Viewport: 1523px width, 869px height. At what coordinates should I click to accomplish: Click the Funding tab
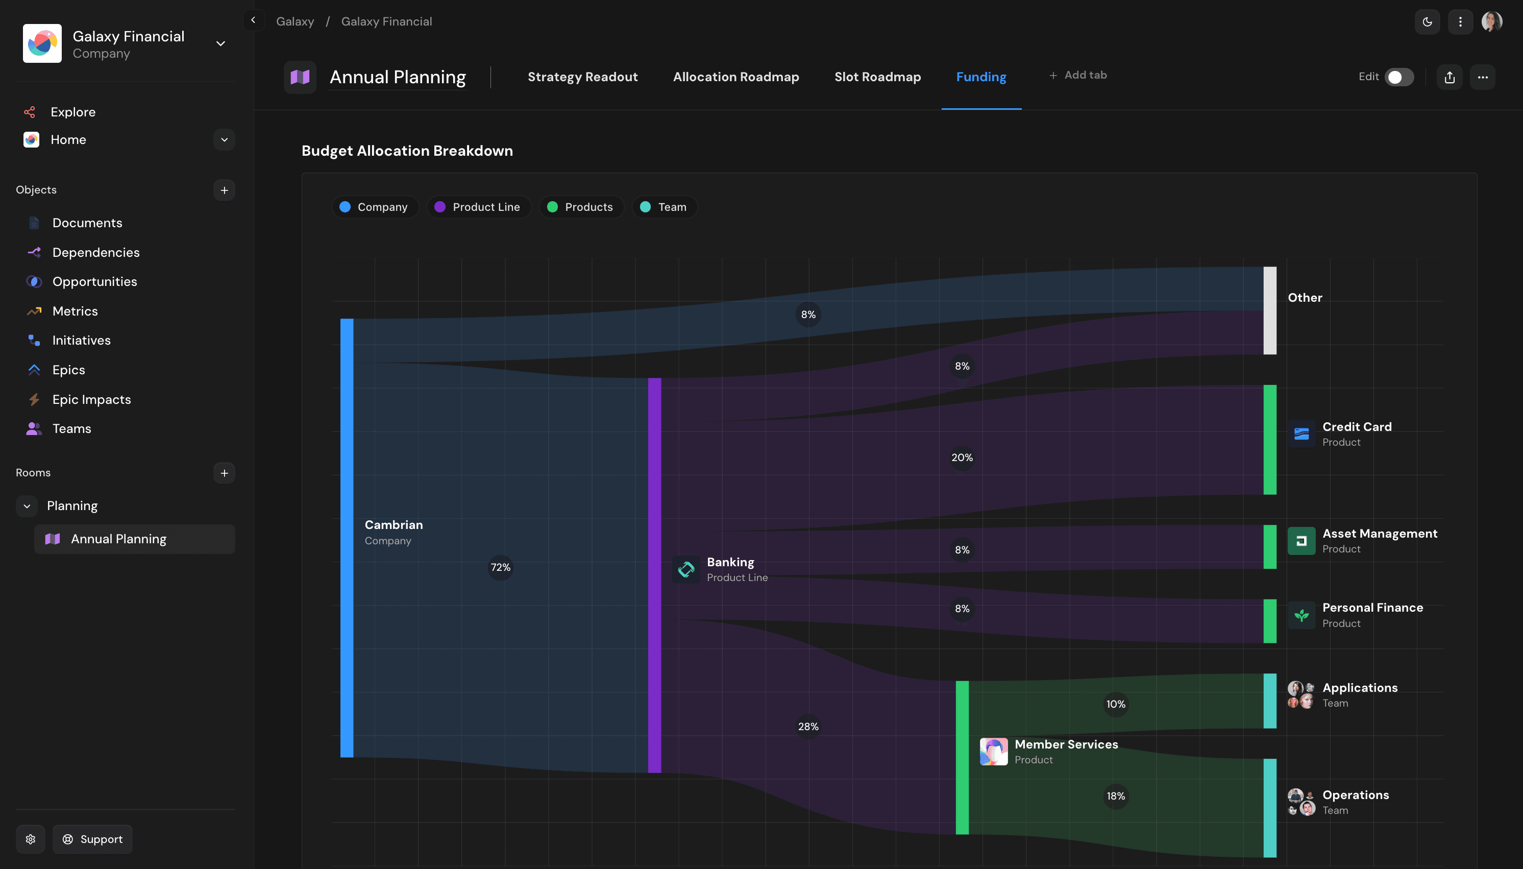pyautogui.click(x=981, y=77)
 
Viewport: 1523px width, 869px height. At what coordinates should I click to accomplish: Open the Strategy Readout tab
pyautogui.click(x=582, y=77)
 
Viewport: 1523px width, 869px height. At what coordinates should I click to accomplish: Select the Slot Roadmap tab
pyautogui.click(x=877, y=77)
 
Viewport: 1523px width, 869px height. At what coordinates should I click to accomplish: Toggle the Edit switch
pyautogui.click(x=1398, y=77)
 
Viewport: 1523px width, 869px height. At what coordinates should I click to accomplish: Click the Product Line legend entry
pyautogui.click(x=478, y=207)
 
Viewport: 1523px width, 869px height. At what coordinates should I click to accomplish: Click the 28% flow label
pyautogui.click(x=808, y=727)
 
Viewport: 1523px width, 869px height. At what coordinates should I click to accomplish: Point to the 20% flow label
pyautogui.click(x=962, y=457)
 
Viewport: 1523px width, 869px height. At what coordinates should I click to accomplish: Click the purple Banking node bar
pyautogui.click(x=654, y=575)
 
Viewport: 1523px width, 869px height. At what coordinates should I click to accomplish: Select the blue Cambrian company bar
pyautogui.click(x=347, y=537)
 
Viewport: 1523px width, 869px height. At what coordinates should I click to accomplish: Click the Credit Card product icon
pyautogui.click(x=1301, y=434)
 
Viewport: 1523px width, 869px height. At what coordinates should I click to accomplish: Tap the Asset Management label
pyautogui.click(x=1379, y=534)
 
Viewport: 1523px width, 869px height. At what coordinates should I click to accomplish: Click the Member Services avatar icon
pyautogui.click(x=993, y=752)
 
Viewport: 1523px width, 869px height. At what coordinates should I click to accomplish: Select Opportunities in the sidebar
pyautogui.click(x=94, y=282)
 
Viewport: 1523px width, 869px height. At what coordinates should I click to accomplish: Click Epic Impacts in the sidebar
pyautogui.click(x=91, y=399)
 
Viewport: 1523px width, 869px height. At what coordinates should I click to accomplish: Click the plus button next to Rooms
pyautogui.click(x=224, y=473)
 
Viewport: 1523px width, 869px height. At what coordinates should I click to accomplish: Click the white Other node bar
pyautogui.click(x=1269, y=310)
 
